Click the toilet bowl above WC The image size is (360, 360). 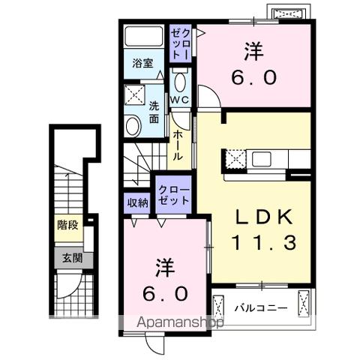179,80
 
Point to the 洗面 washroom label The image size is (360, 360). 153,112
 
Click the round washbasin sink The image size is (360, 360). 133,125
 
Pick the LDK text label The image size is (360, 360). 262,217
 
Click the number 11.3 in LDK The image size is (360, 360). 263,242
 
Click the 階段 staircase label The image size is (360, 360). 67,224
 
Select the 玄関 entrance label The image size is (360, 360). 67,257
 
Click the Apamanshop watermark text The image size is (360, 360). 180,323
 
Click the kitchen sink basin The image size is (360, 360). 262,159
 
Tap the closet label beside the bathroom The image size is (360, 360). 180,43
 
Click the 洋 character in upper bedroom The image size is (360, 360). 252,52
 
